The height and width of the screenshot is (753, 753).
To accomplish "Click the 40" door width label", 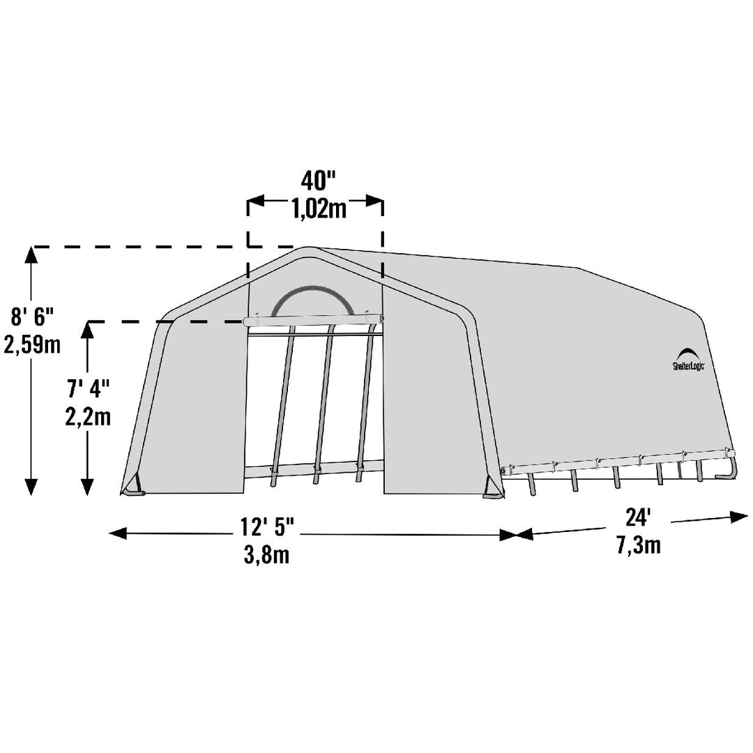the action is pyautogui.click(x=317, y=181).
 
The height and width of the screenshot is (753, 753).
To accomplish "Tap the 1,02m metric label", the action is pyautogui.click(x=319, y=209).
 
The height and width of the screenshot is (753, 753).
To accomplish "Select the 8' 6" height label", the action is pyautogui.click(x=31, y=317).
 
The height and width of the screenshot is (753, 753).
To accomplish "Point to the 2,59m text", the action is pyautogui.click(x=32, y=344).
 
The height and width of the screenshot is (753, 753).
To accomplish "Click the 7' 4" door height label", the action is pyautogui.click(x=89, y=388).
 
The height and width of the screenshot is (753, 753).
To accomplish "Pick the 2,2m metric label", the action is pyautogui.click(x=88, y=417).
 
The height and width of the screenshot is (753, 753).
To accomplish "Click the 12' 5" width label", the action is pyautogui.click(x=267, y=527).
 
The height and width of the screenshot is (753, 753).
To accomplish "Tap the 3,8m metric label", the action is pyautogui.click(x=267, y=555).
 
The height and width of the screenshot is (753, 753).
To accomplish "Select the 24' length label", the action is pyautogui.click(x=638, y=517).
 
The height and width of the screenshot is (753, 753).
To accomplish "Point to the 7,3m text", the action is pyautogui.click(x=639, y=545).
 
